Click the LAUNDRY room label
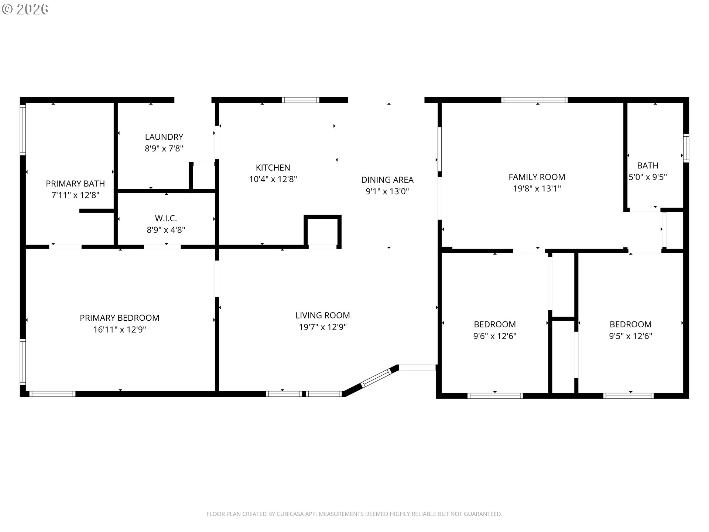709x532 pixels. (164, 137)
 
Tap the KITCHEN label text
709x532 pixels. (273, 168)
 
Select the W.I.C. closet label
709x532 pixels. (166, 218)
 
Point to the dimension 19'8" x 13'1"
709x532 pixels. (537, 189)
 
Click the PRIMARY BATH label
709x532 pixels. (75, 184)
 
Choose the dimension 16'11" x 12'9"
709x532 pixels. (120, 330)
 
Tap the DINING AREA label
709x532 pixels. (387, 180)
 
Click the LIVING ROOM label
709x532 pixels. (323, 316)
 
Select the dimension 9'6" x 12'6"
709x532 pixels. (495, 336)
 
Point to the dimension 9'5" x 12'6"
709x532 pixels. (631, 336)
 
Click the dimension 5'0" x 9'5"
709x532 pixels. (648, 177)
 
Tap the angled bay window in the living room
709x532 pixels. (376, 378)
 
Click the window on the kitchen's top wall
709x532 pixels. (301, 100)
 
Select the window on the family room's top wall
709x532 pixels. (534, 100)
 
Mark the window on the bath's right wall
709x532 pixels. (686, 148)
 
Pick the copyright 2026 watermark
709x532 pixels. (25, 9)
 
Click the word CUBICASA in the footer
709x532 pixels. (290, 514)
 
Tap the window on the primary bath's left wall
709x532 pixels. (23, 129)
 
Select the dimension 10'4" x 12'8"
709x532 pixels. (273, 180)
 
